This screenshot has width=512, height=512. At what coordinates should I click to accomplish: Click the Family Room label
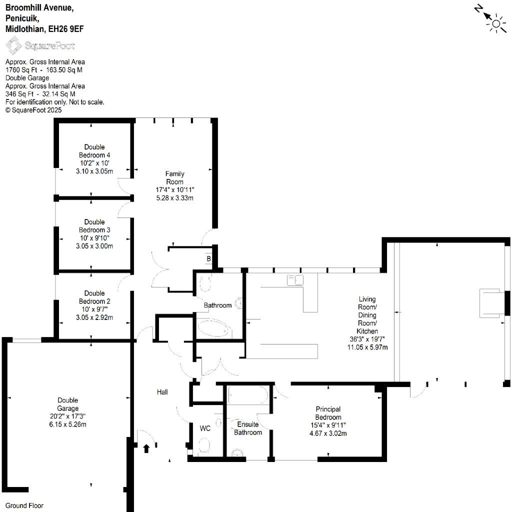pos(174,178)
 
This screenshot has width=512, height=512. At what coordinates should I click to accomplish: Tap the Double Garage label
pos(68,404)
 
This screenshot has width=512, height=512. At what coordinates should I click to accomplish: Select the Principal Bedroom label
pos(328,413)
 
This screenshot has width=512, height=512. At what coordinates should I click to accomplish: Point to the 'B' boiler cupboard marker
pos(208,258)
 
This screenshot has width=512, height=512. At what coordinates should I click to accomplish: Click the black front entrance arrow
pos(146,448)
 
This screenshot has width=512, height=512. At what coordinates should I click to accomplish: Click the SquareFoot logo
pos(40,45)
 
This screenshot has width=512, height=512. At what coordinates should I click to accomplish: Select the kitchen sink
pos(295,280)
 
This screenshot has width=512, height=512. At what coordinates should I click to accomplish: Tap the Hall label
pos(162,392)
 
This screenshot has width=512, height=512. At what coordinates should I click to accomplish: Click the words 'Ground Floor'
pos(24,506)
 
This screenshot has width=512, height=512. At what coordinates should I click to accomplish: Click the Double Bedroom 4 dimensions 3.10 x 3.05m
pos(94,171)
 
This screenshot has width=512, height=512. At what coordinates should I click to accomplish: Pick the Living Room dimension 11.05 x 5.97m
pos(367,347)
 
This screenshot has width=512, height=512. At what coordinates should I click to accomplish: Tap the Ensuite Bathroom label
pos(248,428)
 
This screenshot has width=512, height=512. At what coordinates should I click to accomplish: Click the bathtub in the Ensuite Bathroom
pos(248,395)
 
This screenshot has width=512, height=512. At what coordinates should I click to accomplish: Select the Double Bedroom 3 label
pos(94,226)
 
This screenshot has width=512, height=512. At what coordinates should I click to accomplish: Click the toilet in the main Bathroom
pos(205,283)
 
